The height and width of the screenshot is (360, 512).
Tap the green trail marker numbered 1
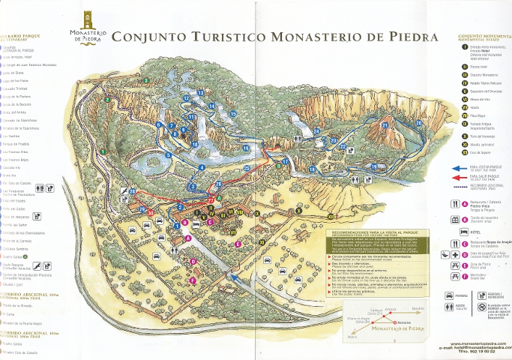coord(102,151)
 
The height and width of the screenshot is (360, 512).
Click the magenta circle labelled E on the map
coord(238,244)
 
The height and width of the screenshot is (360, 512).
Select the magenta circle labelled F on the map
coord(193,280)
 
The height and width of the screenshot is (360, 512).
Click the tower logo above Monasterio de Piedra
coord(89,18)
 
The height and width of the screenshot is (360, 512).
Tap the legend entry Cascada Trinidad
coord(17,88)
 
